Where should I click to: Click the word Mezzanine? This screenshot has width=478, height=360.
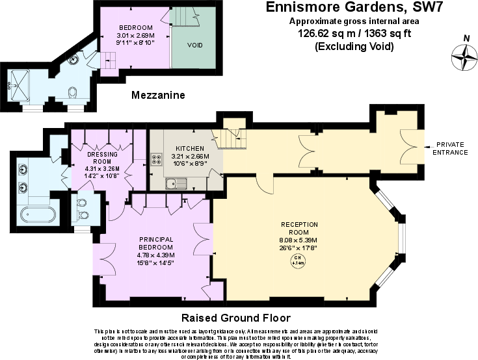[x=158, y=95]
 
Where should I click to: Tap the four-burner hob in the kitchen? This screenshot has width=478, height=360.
[x=157, y=159]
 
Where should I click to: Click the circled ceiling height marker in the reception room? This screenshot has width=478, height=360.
[x=297, y=261]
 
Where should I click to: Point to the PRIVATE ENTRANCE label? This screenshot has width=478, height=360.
[x=451, y=149]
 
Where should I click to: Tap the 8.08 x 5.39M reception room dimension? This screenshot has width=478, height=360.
[x=299, y=240]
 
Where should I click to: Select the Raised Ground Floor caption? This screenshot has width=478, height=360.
[x=235, y=318]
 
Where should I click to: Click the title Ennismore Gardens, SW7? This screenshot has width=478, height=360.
[x=341, y=8]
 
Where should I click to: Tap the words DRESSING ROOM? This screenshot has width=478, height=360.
[x=102, y=158]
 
